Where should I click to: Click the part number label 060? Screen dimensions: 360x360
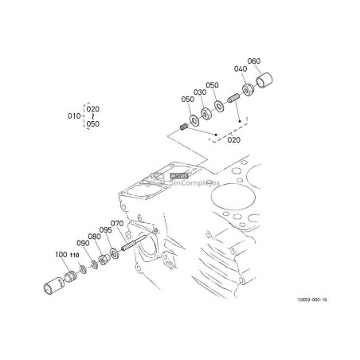point(255,61)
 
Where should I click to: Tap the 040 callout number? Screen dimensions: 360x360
point(240,70)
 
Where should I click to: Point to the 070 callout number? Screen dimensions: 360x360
point(116,224)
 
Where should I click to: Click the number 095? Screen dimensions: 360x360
point(106,231)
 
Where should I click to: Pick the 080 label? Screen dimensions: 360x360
point(94,237)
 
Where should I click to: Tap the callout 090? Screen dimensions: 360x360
point(83,243)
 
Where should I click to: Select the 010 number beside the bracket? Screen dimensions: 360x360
point(74,115)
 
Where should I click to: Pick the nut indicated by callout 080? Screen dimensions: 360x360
point(104,260)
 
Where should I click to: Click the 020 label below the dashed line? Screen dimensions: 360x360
point(234,140)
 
